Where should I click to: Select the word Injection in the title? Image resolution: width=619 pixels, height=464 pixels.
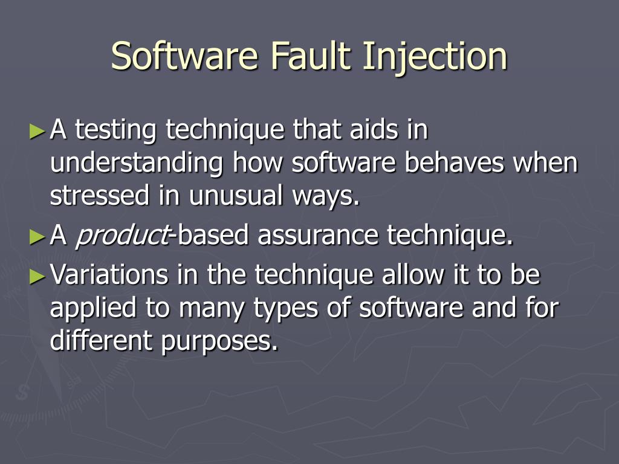point(435,56)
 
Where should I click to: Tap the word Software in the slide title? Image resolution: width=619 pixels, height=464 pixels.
point(185,56)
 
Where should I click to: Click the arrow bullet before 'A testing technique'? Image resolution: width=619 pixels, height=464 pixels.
point(37,130)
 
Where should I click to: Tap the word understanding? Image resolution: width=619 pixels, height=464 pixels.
point(137,164)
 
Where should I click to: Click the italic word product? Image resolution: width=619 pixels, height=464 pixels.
point(121,236)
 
